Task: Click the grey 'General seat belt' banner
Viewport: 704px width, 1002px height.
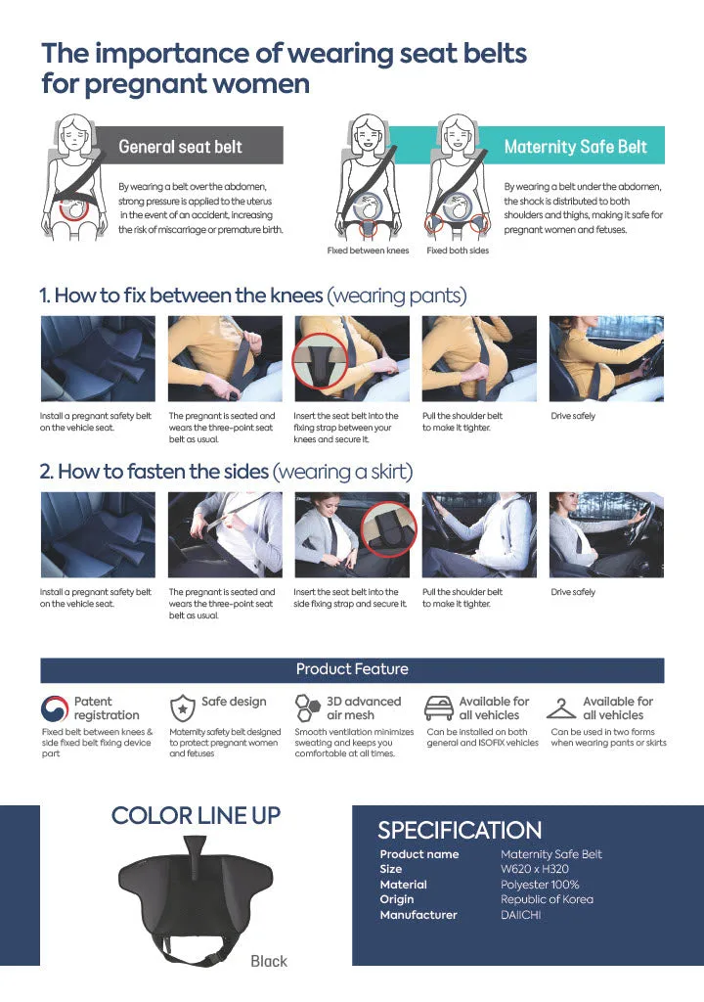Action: click(x=189, y=145)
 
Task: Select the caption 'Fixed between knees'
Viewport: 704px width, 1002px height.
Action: click(x=368, y=250)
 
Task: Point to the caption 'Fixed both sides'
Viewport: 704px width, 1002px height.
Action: click(x=458, y=250)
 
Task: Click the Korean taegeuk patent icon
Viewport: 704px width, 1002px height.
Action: click(x=55, y=708)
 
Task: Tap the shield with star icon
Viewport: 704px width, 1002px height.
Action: click(x=183, y=708)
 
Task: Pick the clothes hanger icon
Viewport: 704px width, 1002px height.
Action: click(x=561, y=708)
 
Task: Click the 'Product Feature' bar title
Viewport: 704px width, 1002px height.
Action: click(x=352, y=669)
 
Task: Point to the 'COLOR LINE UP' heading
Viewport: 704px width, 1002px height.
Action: click(x=197, y=815)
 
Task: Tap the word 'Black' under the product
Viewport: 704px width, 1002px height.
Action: click(x=269, y=961)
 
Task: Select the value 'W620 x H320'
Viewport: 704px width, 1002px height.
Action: click(x=535, y=869)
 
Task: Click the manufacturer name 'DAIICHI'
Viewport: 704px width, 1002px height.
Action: click(x=520, y=915)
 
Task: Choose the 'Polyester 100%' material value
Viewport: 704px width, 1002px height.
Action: click(x=540, y=885)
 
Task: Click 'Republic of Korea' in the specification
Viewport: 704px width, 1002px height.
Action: click(x=547, y=900)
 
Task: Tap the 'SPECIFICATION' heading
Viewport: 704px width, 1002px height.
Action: click(x=460, y=830)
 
